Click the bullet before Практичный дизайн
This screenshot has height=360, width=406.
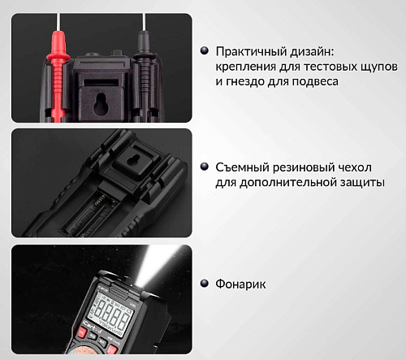point(205,50)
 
